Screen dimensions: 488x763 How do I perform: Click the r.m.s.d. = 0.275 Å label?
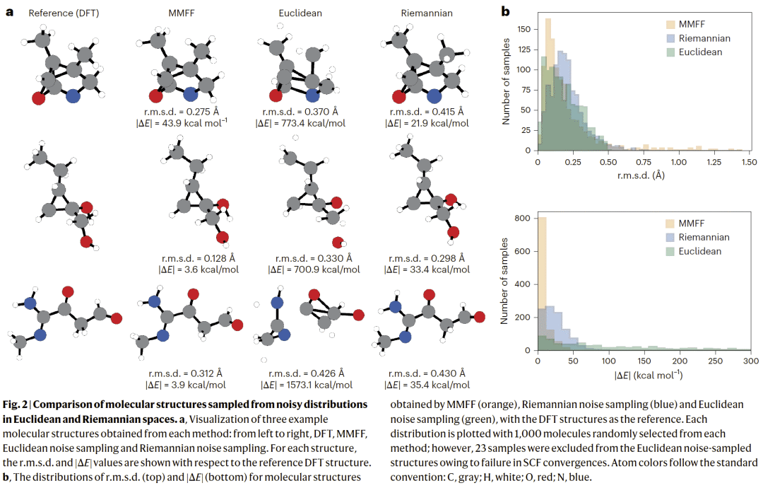point(189,112)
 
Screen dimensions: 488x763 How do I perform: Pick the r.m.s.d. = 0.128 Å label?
point(189,258)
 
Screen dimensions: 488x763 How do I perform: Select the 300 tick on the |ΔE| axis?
point(750,361)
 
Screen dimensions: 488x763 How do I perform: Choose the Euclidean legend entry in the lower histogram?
point(700,251)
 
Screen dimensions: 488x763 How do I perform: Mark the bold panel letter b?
point(505,11)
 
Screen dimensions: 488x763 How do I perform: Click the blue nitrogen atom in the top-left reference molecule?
point(73,96)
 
